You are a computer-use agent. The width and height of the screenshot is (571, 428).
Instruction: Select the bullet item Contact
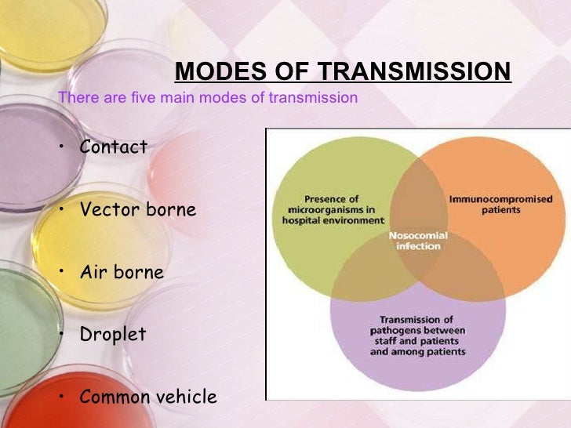point(114,147)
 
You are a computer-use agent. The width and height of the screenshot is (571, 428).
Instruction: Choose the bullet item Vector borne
point(138,210)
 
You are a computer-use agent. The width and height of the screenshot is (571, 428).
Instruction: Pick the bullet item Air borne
point(122,273)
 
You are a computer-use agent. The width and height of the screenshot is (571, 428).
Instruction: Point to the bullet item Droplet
point(113,335)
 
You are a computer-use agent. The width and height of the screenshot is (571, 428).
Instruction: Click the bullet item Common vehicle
point(148,397)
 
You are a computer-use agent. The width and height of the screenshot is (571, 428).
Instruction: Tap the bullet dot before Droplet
point(61,334)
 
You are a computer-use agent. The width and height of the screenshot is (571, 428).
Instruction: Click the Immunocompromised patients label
point(500,205)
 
